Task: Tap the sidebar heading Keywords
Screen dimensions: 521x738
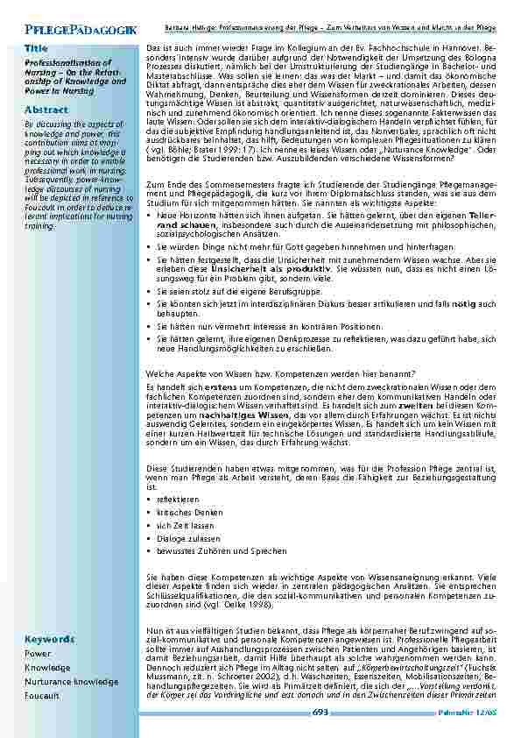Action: tap(50, 639)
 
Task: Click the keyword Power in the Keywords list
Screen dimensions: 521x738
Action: tap(38, 653)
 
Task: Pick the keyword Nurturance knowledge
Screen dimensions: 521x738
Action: tap(71, 681)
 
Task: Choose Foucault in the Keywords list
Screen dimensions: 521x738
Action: tap(42, 695)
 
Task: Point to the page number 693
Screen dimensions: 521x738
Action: tap(320, 715)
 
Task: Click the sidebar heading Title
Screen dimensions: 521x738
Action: tap(37, 47)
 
